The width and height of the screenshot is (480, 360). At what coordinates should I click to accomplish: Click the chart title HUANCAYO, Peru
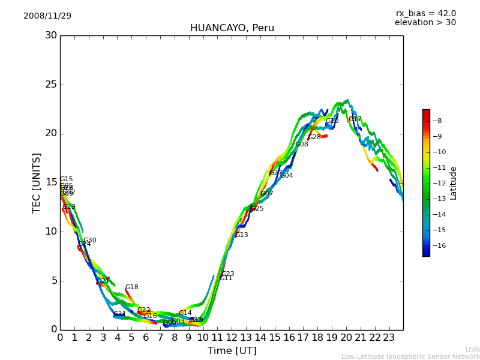click(x=232, y=28)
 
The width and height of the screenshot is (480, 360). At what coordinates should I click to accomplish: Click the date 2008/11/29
click(x=47, y=16)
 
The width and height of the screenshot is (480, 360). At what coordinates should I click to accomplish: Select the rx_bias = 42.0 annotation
click(x=425, y=13)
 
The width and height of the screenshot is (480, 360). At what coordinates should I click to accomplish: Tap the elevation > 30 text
click(x=425, y=23)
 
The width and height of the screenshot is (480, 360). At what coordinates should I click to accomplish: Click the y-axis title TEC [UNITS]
click(x=37, y=182)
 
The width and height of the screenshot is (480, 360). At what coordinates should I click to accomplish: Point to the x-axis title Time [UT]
click(x=232, y=351)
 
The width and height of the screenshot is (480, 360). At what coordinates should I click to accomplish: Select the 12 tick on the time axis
click(x=232, y=337)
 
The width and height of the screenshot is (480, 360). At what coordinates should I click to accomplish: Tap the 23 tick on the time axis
click(x=389, y=337)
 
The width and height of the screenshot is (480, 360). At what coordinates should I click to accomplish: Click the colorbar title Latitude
click(x=454, y=182)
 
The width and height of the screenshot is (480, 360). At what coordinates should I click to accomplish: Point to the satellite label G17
click(x=355, y=119)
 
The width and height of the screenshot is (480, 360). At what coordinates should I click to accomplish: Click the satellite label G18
click(x=131, y=287)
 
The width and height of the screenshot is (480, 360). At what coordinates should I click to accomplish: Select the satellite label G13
click(x=241, y=235)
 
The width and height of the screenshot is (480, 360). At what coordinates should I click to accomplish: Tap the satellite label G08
click(x=301, y=145)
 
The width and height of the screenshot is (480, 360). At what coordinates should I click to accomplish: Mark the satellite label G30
click(x=89, y=241)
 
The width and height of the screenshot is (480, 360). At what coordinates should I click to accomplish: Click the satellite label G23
click(x=227, y=274)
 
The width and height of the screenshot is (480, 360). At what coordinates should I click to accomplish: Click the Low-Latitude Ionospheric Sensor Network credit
click(x=410, y=357)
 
